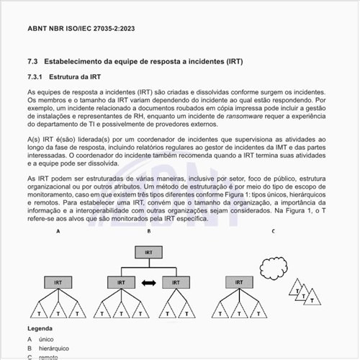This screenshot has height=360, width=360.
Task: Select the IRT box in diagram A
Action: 58,284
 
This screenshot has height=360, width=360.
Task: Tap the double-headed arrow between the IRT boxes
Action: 149,284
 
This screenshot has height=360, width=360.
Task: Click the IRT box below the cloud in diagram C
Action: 238,284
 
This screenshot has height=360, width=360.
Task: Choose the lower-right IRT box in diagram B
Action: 178,284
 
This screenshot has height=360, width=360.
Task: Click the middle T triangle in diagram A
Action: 58,312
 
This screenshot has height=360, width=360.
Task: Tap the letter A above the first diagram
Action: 58,231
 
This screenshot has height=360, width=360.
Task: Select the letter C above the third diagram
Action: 273,231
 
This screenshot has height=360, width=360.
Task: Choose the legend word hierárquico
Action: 54,348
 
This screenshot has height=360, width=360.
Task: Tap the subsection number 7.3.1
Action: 36,76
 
